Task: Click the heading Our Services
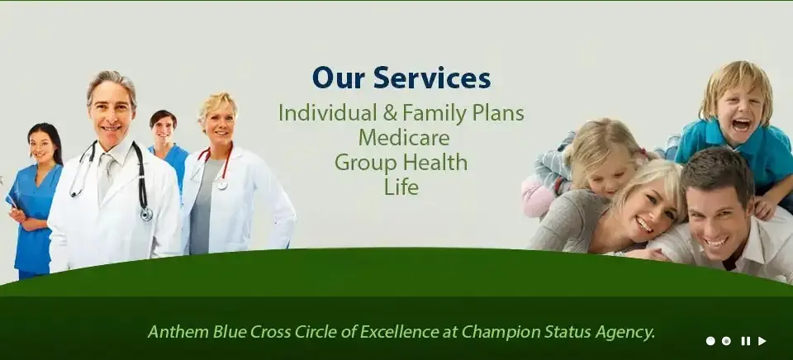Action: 401,78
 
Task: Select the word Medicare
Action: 404,138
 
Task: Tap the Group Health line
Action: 401,163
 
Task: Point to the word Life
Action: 401,187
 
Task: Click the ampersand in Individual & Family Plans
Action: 390,113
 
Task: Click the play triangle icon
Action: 762,341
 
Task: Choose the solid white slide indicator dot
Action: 710,341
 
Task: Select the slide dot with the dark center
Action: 726,341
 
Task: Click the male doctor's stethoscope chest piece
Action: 147,215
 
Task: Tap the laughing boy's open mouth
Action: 742,125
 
